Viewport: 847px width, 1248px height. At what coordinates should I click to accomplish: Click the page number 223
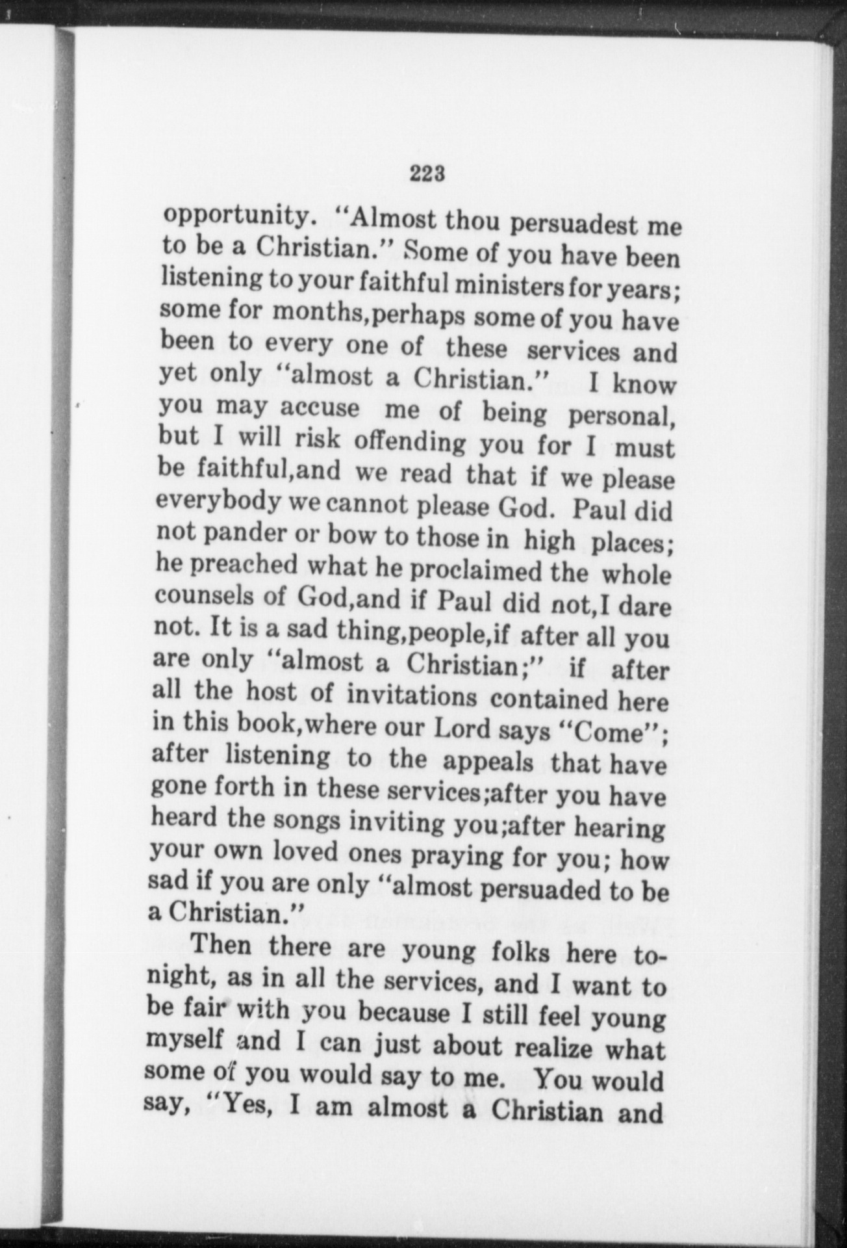(x=427, y=174)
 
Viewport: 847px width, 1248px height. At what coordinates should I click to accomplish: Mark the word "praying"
(x=451, y=856)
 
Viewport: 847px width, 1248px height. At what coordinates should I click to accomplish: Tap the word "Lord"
(x=463, y=729)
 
